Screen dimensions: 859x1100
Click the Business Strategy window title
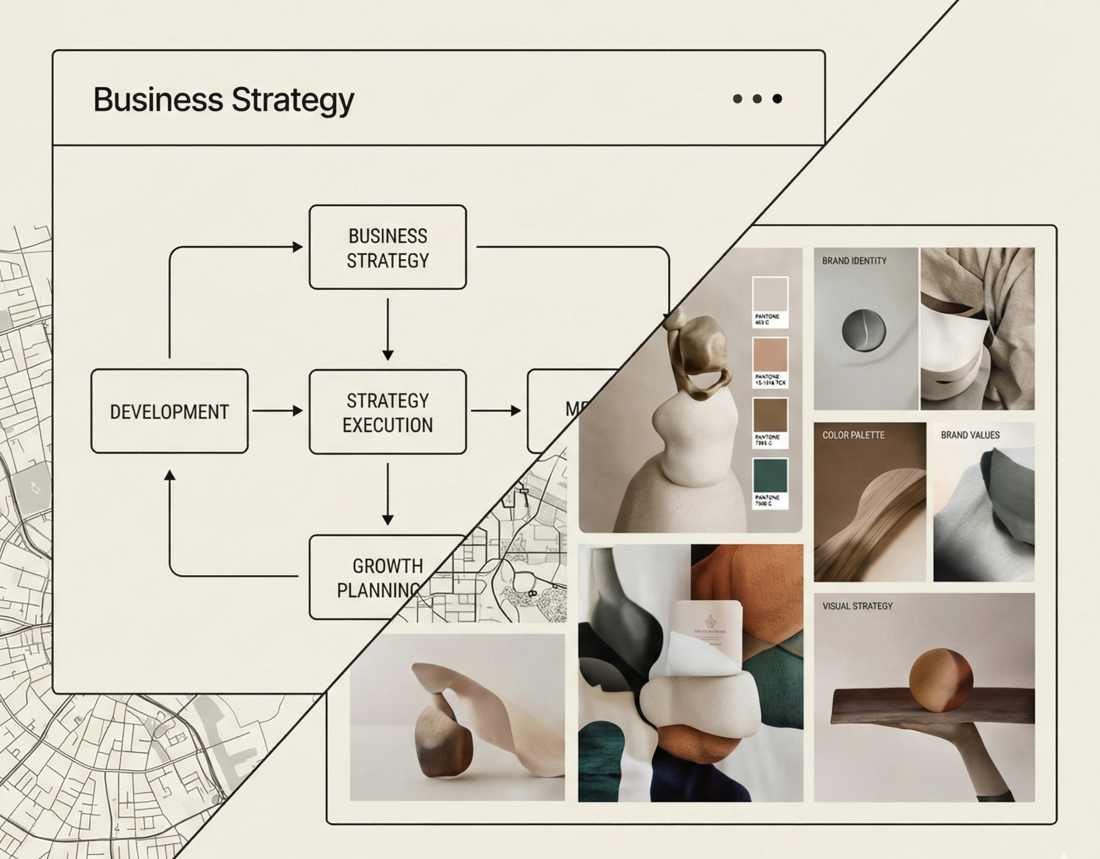223,99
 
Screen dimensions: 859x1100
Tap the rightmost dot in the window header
777,99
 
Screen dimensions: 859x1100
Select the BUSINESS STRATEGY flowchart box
388,247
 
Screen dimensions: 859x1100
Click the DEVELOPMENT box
169,412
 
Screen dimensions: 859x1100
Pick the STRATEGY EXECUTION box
388,412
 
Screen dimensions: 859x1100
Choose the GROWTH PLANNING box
379,577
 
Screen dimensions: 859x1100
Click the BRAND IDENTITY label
854,261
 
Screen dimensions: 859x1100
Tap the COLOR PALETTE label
853,435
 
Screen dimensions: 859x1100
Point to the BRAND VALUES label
970,435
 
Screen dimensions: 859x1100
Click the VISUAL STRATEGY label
857,606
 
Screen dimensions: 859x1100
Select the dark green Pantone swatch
770,475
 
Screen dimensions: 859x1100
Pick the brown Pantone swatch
770,415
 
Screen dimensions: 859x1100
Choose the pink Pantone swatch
770,355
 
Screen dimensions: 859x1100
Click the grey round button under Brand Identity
864,330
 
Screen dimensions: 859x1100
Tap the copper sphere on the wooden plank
940,680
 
